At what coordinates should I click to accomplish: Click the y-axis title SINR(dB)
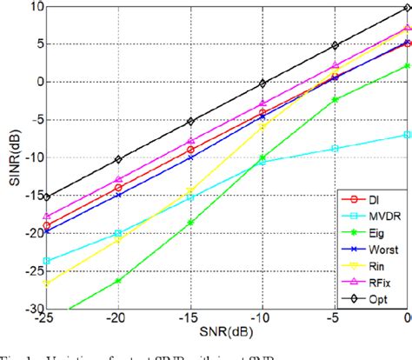9,157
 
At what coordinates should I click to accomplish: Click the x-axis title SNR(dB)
216,338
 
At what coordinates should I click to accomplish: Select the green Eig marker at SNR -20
118,281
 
